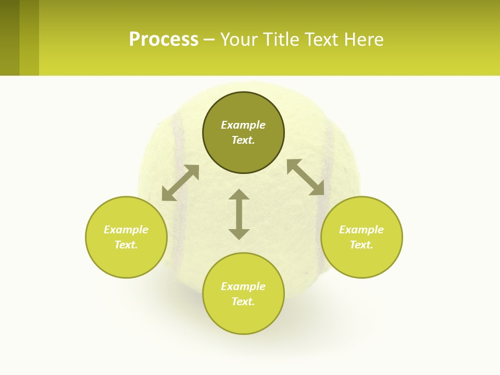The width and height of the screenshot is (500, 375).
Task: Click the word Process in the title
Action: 164,40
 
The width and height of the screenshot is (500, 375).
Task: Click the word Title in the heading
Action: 279,40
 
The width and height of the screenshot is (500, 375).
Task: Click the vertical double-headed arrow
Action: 239,214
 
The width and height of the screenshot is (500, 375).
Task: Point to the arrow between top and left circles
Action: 180,183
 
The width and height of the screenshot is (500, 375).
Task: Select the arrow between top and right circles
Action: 306,177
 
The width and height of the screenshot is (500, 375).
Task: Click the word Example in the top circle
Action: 243,125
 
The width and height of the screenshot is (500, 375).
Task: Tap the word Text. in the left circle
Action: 126,245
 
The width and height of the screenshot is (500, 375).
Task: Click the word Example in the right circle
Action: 361,230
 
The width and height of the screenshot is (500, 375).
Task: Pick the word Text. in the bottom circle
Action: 243,302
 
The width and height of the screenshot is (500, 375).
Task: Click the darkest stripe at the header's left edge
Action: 9,37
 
